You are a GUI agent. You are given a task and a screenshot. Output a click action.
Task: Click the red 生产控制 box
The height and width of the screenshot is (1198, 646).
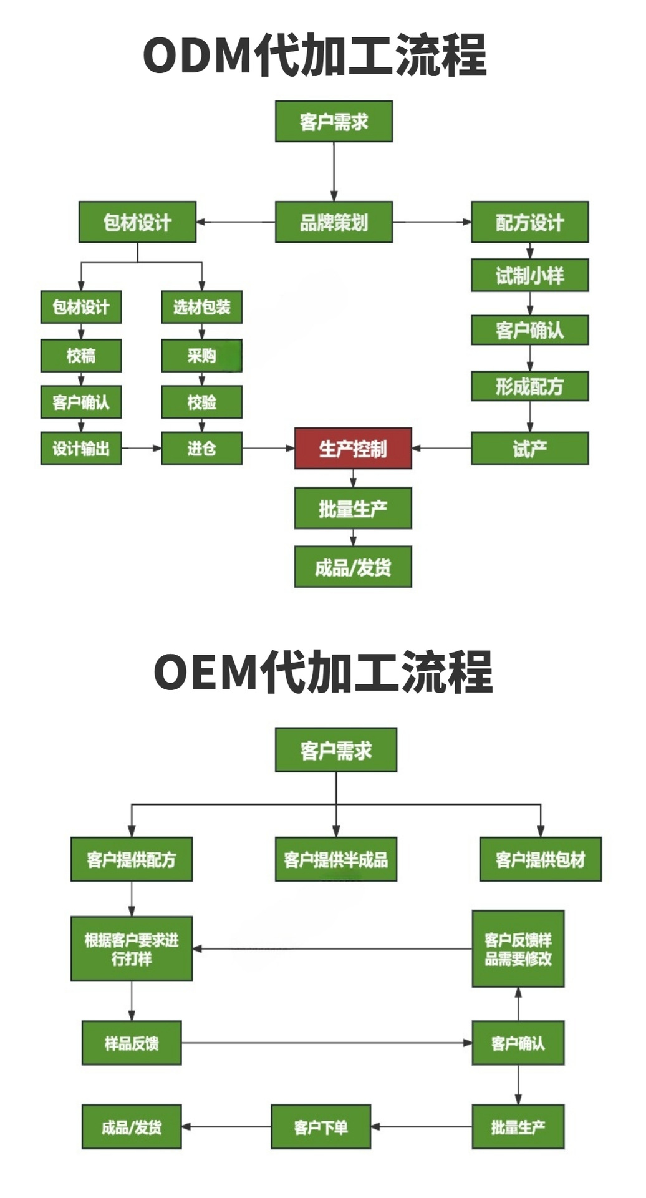click(353, 448)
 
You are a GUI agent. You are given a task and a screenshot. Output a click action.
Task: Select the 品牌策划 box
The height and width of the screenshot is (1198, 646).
click(334, 222)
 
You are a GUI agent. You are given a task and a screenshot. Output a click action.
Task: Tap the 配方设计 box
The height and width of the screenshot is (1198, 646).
click(529, 222)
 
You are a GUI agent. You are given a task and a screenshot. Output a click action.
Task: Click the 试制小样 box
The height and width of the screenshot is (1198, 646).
click(529, 275)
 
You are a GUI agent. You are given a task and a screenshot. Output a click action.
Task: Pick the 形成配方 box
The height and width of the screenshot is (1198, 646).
click(529, 386)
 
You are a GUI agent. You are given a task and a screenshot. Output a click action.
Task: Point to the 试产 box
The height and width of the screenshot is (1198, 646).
click(529, 448)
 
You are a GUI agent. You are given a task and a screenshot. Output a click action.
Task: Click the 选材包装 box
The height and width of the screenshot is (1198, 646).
click(201, 306)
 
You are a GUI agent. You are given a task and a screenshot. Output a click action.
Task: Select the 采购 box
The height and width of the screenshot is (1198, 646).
click(201, 356)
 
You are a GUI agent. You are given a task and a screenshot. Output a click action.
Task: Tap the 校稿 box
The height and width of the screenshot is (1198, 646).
click(81, 356)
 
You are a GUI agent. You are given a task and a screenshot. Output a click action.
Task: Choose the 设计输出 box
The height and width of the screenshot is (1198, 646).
click(81, 448)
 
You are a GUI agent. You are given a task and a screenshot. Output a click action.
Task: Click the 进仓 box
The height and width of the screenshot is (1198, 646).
click(201, 448)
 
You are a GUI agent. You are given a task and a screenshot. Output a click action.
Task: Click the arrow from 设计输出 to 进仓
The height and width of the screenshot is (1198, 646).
click(142, 448)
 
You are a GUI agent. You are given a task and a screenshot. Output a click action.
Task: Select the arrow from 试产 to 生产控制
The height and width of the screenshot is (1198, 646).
click(441, 448)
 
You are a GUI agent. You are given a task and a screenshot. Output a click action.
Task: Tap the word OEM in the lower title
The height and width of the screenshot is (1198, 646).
click(206, 672)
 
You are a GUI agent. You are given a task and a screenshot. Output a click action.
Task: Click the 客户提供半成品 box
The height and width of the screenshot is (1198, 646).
click(336, 859)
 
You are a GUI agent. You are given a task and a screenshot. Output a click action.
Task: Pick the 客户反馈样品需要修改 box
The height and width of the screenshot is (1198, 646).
click(518, 948)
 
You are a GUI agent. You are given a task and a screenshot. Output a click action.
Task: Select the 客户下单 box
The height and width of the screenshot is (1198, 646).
click(321, 1126)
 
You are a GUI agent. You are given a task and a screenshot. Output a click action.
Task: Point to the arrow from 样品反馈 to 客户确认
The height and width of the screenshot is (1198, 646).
click(326, 1043)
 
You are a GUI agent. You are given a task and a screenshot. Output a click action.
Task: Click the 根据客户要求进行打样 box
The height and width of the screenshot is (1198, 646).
click(132, 948)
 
